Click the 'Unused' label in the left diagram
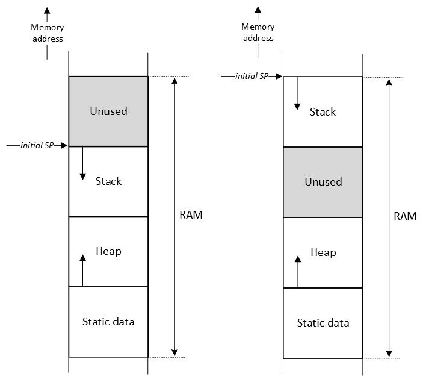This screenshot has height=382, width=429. (108, 111)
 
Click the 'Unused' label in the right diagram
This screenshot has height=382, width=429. (323, 182)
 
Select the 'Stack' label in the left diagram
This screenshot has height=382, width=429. (108, 181)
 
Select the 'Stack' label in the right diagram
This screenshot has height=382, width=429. (323, 112)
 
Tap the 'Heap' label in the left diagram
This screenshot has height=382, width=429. (108, 251)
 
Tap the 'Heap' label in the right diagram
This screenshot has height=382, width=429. (323, 252)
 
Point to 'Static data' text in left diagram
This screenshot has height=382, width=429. (108, 322)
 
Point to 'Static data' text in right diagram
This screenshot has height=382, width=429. (323, 323)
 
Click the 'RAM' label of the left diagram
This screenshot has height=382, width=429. (191, 215)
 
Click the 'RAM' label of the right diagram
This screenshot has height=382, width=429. (405, 216)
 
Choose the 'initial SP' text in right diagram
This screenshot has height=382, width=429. (252, 77)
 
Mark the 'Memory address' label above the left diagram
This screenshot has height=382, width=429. (48, 33)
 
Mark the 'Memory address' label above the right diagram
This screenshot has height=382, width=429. (258, 33)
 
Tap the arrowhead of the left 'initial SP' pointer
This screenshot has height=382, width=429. (65, 146)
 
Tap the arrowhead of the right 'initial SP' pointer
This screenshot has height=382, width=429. (279, 77)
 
